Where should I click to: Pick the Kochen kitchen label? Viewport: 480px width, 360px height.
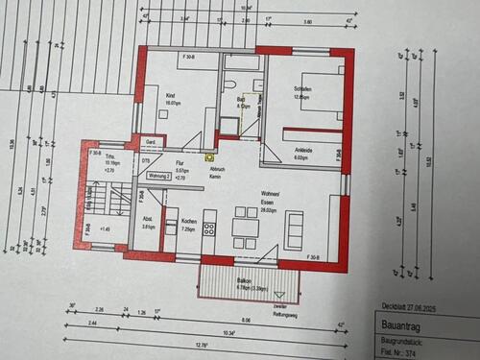point(189,222)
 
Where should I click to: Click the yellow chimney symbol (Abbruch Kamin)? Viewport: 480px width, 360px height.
point(209,154)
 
